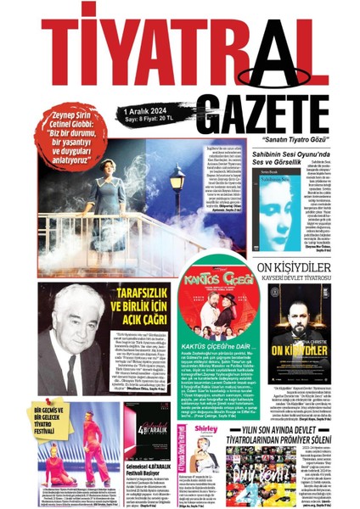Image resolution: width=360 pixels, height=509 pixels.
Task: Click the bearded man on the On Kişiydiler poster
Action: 297,319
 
